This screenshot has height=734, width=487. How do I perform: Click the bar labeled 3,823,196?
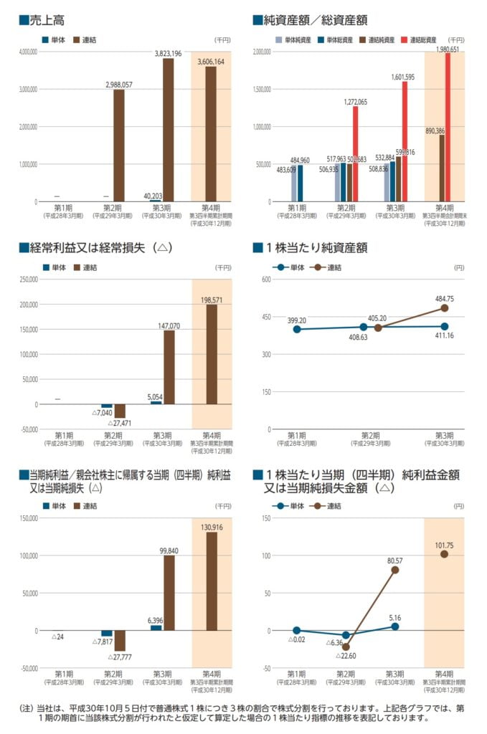(168, 130)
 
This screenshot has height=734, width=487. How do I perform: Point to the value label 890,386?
(435, 130)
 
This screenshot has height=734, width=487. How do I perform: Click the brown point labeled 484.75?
(445, 308)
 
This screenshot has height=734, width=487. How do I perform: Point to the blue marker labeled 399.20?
(297, 329)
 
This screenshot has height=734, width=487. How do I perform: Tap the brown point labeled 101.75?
(445, 554)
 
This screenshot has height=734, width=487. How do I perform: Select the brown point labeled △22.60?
(346, 647)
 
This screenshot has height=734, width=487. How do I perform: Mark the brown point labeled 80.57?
(395, 570)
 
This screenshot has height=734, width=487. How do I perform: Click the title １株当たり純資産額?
(316, 248)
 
